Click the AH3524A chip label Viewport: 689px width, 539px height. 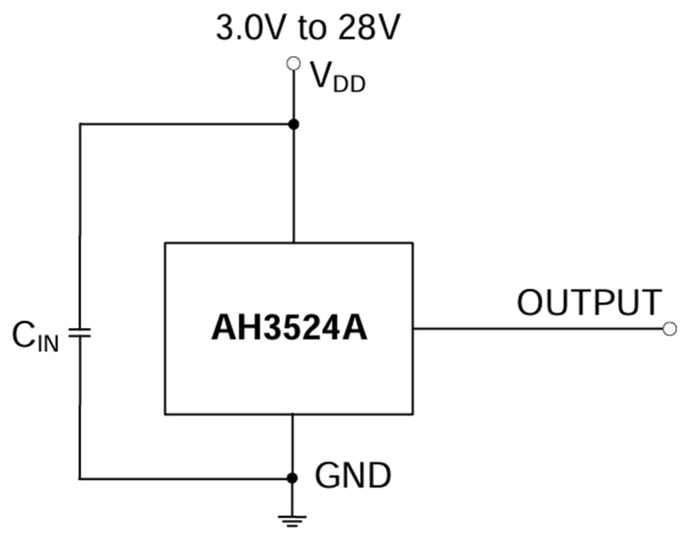tap(289, 329)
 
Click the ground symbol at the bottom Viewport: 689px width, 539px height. tap(293, 518)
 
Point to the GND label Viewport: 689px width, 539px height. tap(353, 475)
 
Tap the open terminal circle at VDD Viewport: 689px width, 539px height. tap(293, 63)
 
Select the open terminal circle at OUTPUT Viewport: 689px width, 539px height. tap(671, 328)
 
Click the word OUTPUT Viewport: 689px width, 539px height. tap(589, 303)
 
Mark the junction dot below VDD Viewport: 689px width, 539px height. tap(293, 124)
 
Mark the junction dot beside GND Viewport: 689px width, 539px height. tap(293, 478)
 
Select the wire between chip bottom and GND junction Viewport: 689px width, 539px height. tap(293, 445)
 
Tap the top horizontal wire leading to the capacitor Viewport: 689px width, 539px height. tap(185, 124)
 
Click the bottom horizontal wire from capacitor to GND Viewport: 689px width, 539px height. tap(185, 478)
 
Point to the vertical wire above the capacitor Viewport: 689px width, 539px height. tap(79, 224)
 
